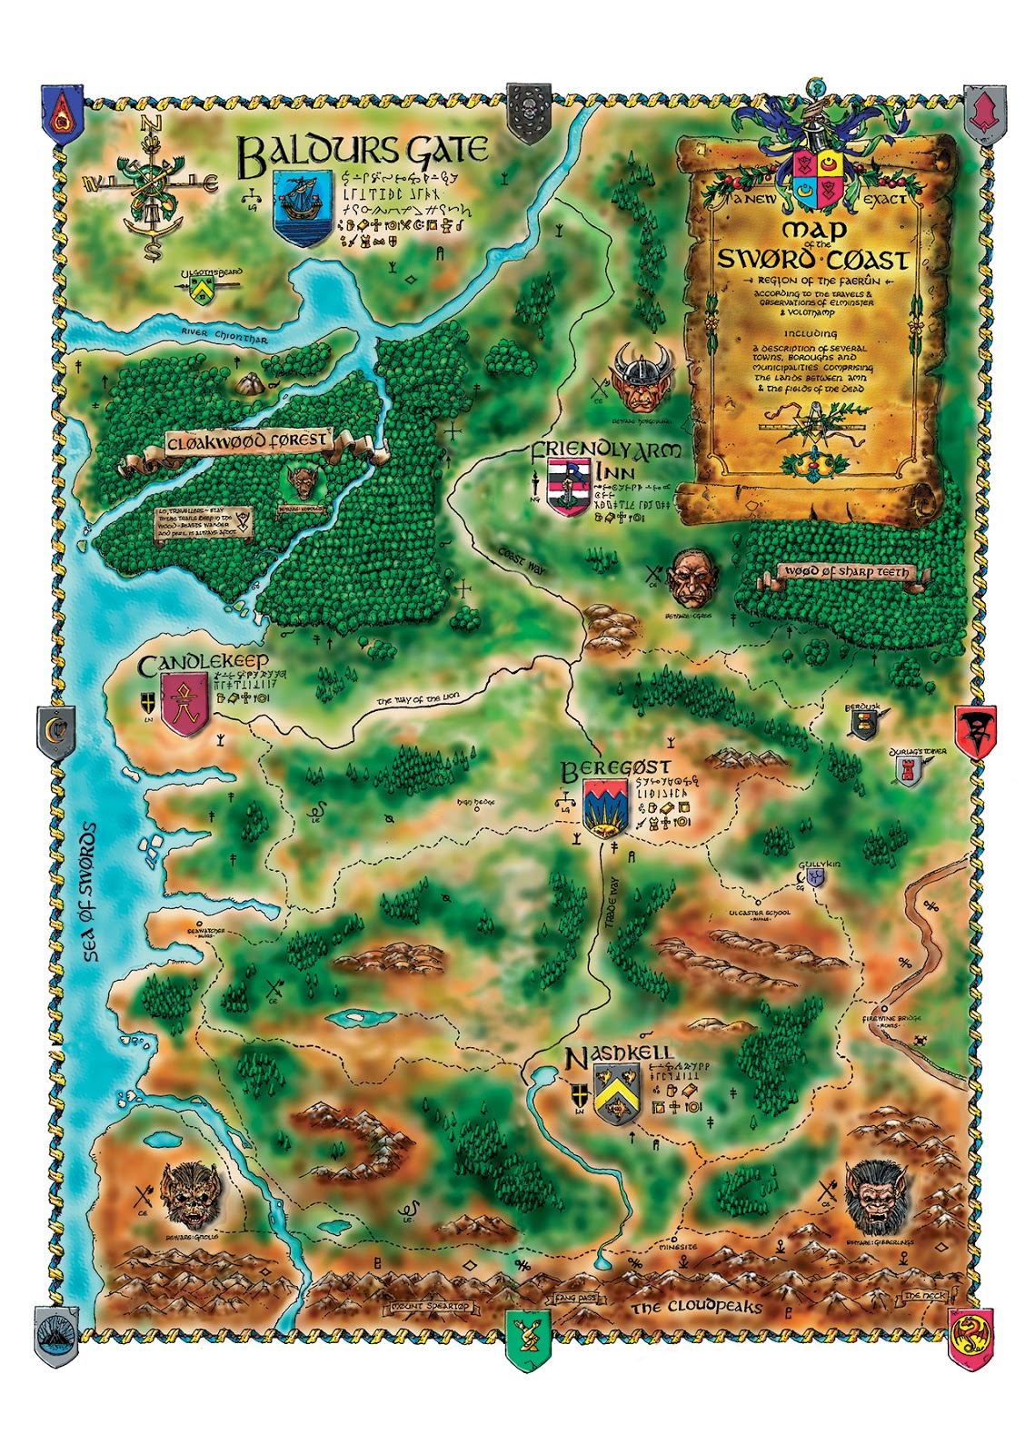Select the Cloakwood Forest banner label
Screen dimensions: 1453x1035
[x=246, y=442]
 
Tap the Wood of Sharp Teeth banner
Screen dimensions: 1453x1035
[x=845, y=572]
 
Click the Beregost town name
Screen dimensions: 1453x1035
[x=615, y=769]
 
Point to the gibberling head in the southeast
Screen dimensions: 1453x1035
[x=878, y=1194]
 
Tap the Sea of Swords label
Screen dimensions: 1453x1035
[x=89, y=892]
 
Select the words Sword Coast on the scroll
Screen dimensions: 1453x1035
[x=811, y=260]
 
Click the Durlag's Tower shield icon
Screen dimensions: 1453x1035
[x=907, y=771]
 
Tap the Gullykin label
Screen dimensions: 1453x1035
[x=821, y=865]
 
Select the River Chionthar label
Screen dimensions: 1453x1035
[x=224, y=336]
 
